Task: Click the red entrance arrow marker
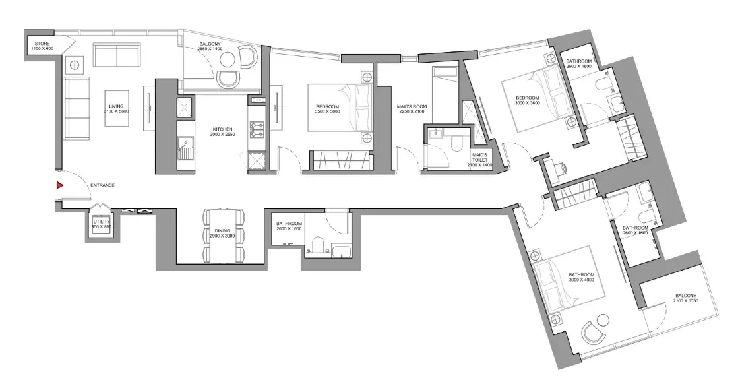(59, 185)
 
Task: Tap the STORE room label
(42, 44)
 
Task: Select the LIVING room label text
(116, 106)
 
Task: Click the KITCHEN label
(223, 129)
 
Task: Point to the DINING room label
(222, 230)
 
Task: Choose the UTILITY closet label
(101, 222)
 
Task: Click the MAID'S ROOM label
(411, 106)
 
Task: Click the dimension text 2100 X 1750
(685, 300)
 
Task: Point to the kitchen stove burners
(258, 128)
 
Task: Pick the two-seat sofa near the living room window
(117, 55)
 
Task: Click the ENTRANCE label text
(103, 185)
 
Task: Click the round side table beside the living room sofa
(75, 64)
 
